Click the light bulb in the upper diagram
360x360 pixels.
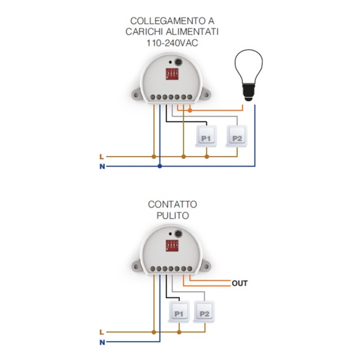click(248, 75)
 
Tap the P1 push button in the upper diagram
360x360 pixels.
click(206, 136)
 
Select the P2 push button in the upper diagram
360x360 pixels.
click(236, 136)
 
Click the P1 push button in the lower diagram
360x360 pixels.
click(179, 312)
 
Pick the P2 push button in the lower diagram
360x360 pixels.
click(204, 312)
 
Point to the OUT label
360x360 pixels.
click(240, 283)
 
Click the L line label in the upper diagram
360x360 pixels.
click(101, 157)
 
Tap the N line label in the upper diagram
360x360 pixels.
click(102, 167)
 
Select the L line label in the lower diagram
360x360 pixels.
click(101, 332)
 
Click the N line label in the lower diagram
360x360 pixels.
click(102, 342)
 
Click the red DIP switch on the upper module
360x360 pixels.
click(172, 74)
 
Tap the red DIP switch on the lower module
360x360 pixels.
click(172, 246)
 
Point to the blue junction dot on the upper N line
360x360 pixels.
click(160, 167)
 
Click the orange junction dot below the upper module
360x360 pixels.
click(190, 110)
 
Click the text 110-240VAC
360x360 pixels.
click(172, 43)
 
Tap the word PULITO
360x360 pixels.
click(173, 215)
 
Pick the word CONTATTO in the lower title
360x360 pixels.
click(172, 205)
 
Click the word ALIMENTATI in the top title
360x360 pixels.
click(190, 32)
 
